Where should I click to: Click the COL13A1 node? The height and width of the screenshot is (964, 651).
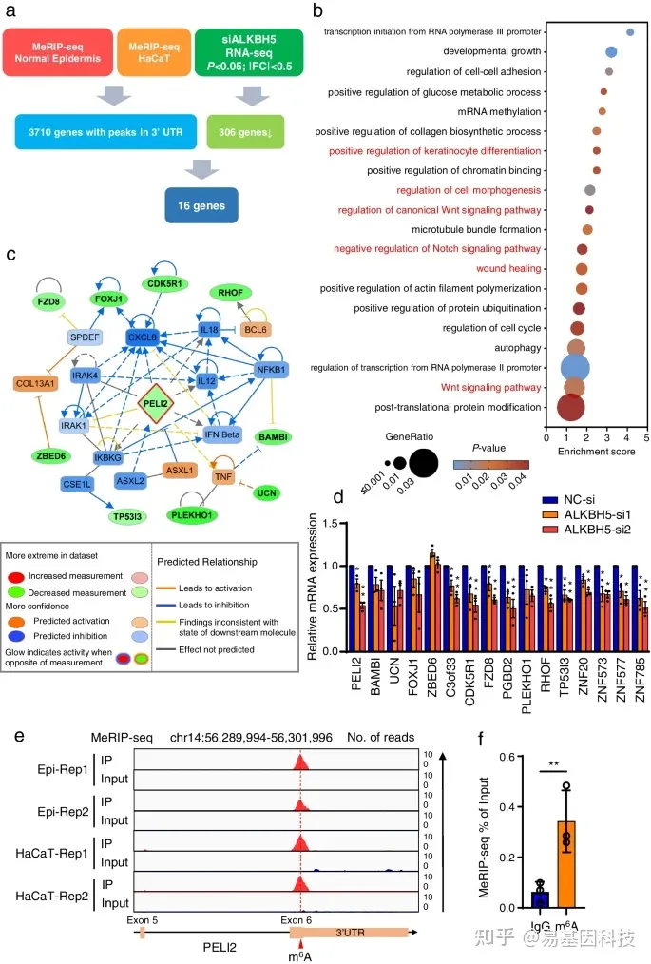39,383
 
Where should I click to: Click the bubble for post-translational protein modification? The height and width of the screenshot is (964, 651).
570,408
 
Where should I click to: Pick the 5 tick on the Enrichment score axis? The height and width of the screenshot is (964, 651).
647,439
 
